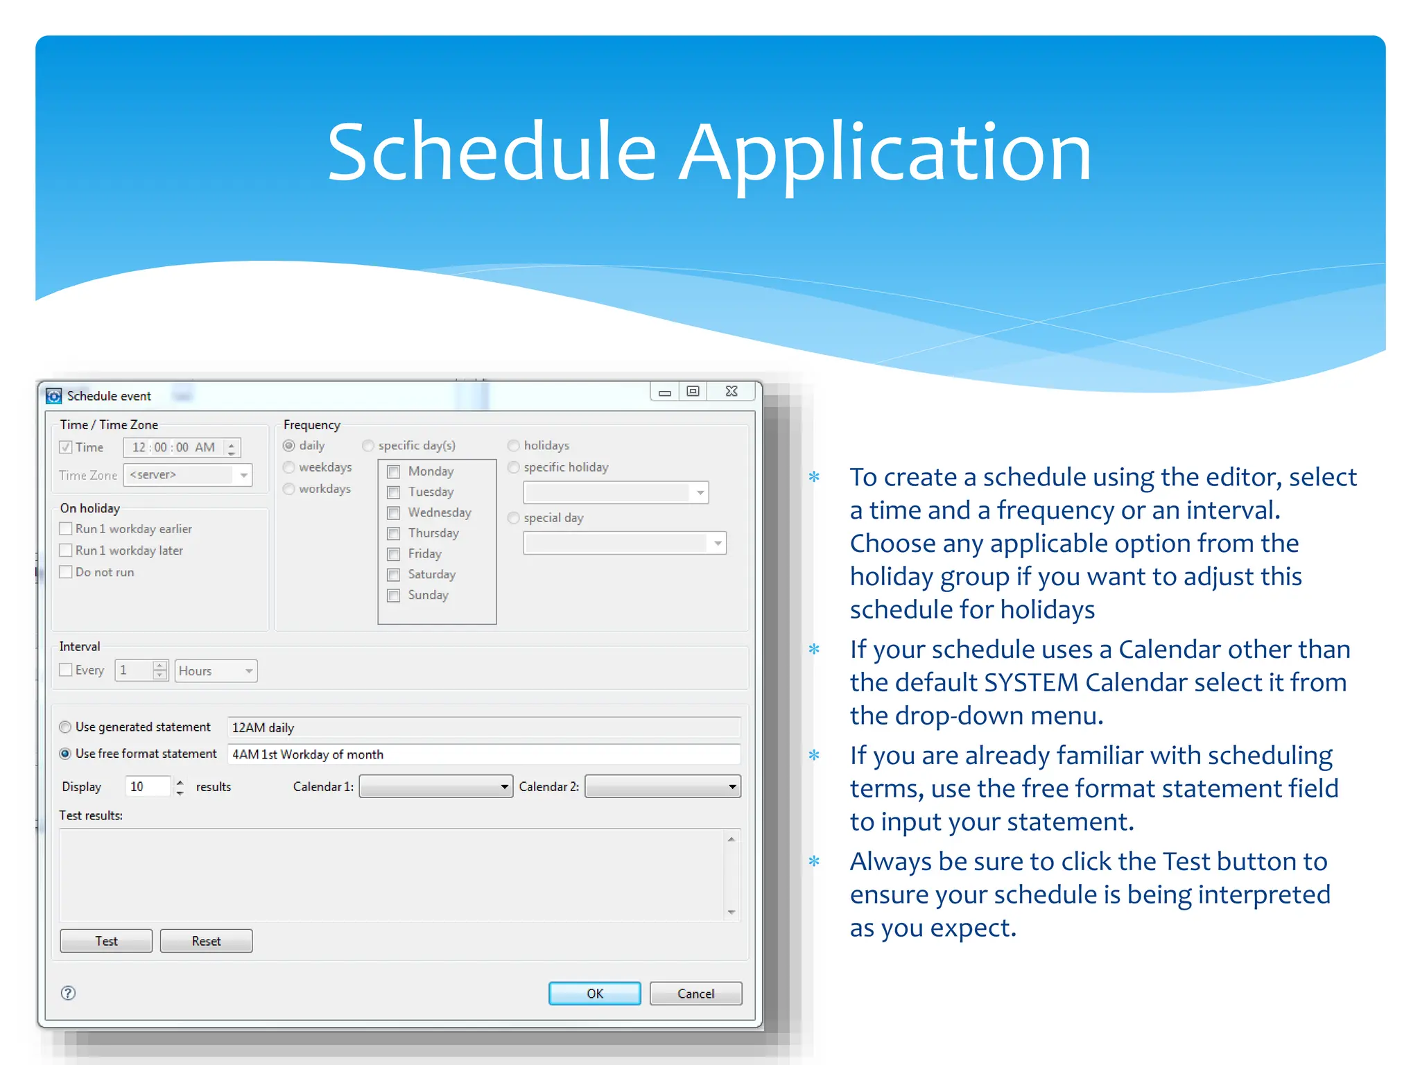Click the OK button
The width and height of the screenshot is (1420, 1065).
click(x=594, y=993)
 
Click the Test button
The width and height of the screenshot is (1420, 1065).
click(x=106, y=941)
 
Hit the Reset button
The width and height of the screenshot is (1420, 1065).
click(x=206, y=941)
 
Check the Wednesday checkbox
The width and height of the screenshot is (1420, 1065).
click(x=394, y=513)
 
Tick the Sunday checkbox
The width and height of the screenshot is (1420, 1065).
click(x=394, y=596)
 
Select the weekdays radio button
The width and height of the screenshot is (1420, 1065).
click(x=289, y=467)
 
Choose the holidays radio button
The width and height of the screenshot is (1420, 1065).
click(x=514, y=446)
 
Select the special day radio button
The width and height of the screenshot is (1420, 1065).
click(x=514, y=518)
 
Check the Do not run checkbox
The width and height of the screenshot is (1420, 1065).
click(x=66, y=572)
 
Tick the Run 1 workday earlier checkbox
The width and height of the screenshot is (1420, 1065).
click(x=66, y=529)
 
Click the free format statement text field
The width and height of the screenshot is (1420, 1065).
click(x=484, y=754)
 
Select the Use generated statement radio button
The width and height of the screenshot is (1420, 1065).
click(x=65, y=727)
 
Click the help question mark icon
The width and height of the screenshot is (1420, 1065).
click(x=68, y=993)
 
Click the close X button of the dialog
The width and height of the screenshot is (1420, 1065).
click(x=731, y=392)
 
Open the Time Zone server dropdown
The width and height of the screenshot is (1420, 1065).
click(x=243, y=475)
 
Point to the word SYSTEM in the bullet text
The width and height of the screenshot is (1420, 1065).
click(x=1031, y=682)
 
